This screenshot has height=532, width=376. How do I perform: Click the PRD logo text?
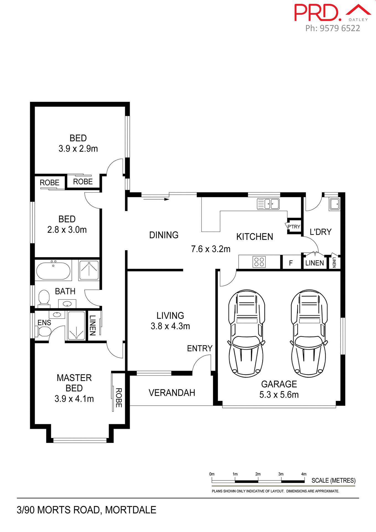pyautogui.click(x=317, y=13)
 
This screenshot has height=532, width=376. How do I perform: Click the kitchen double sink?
pyautogui.click(x=268, y=204)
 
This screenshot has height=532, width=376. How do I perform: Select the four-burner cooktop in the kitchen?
pyautogui.click(x=259, y=262)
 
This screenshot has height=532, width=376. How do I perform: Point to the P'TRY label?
pyautogui.click(x=294, y=227)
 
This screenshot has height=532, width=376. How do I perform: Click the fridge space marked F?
pyautogui.click(x=291, y=263)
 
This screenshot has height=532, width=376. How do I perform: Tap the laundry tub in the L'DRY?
pyautogui.click(x=334, y=204)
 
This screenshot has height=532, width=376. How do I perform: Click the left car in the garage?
pyautogui.click(x=246, y=333)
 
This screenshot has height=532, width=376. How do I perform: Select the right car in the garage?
pyautogui.click(x=309, y=333)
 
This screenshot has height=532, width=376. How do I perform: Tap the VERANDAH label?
pyautogui.click(x=172, y=393)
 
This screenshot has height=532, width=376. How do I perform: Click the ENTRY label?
pyautogui.click(x=200, y=348)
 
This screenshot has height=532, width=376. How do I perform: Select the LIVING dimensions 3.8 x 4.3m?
pyautogui.click(x=170, y=326)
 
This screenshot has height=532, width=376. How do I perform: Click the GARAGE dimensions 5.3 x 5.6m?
pyautogui.click(x=279, y=395)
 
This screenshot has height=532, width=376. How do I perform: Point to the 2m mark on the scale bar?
pyautogui.click(x=258, y=474)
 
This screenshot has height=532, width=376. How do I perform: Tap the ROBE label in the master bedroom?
pyautogui.click(x=119, y=398)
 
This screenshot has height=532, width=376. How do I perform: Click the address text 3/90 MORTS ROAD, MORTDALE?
pyautogui.click(x=86, y=510)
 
